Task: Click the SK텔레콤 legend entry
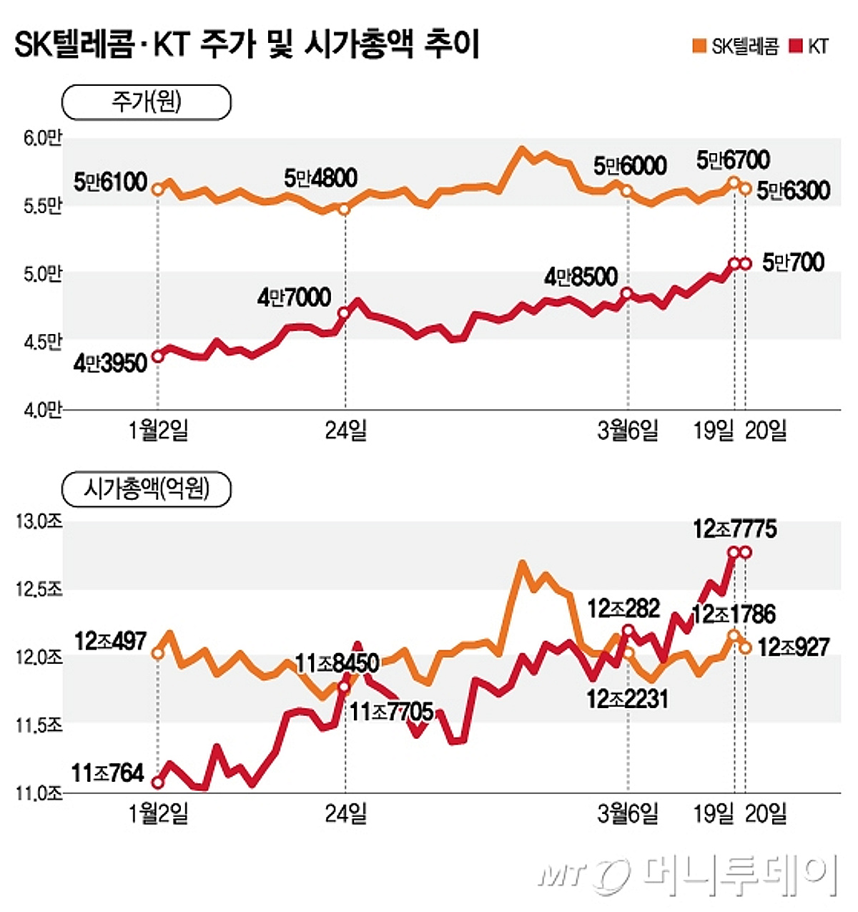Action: pos(736,46)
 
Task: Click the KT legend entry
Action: pos(810,46)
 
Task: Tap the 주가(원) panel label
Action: pos(147,102)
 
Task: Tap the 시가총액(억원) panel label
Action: pos(147,489)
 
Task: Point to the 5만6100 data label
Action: pos(110,182)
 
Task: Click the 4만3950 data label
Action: pos(109,363)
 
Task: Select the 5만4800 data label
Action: pos(320,178)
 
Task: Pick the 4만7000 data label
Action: pos(294,297)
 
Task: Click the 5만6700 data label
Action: pos(733,160)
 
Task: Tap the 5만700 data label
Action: pos(793,263)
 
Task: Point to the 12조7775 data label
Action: pos(734,529)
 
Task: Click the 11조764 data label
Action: pos(108,773)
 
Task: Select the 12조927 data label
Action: pos(794,647)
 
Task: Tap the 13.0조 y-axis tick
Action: pos(39,521)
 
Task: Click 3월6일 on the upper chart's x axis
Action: pos(628,431)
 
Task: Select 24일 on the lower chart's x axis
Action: pos(345,814)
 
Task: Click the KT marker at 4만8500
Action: pos(627,293)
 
